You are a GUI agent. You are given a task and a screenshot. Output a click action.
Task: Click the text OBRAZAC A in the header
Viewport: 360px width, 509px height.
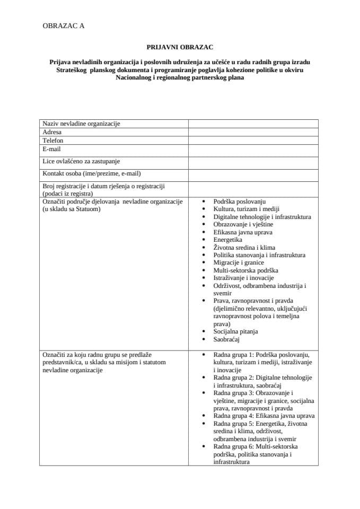[63, 25]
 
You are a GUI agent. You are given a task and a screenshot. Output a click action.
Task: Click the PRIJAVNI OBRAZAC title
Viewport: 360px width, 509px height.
[180, 47]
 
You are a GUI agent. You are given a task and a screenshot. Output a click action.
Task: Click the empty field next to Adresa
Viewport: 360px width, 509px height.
[253, 132]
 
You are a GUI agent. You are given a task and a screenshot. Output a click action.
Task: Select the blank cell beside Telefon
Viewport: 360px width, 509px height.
[253, 141]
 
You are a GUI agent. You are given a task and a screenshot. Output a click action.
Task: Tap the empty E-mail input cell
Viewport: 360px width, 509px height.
[253, 150]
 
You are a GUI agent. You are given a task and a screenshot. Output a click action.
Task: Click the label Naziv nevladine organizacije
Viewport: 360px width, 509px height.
[81, 124]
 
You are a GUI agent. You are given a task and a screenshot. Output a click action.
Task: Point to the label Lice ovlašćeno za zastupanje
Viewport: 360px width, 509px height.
[85, 161]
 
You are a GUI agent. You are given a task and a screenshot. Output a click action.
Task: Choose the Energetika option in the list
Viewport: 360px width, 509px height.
[228, 240]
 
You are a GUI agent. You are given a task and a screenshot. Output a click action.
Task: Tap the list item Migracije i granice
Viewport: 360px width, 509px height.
[239, 262]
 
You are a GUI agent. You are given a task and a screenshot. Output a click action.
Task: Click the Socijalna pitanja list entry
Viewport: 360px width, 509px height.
[235, 331]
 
